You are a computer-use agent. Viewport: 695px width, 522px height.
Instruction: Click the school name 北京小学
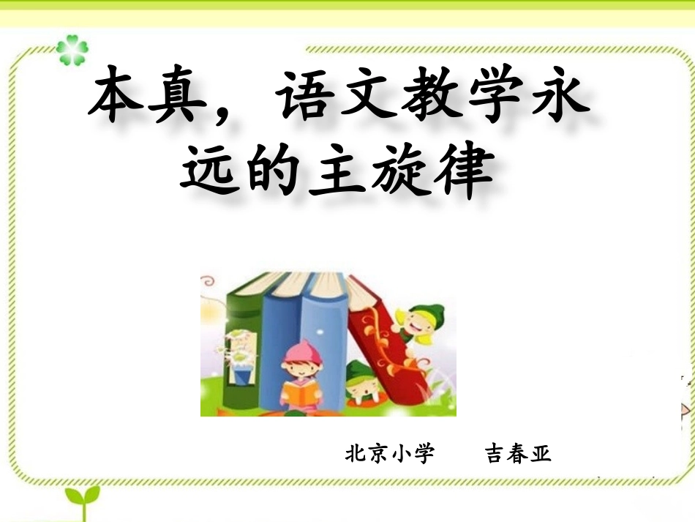pyautogui.click(x=390, y=454)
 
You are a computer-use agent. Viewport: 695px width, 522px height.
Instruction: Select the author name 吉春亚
pyautogui.click(x=518, y=454)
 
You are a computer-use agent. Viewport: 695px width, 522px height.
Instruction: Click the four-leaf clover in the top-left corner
pyautogui.click(x=72, y=50)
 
